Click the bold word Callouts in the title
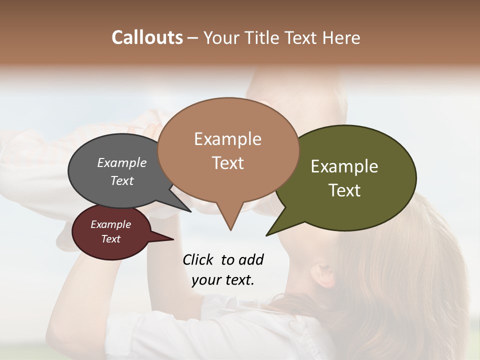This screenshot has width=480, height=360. (147, 37)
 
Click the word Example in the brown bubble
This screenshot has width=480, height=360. (227, 138)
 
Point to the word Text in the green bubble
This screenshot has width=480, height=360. (344, 190)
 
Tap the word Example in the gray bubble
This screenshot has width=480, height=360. (121, 162)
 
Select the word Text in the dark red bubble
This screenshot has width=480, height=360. (110, 239)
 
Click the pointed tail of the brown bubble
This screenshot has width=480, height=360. (230, 225)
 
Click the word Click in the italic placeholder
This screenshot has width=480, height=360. (198, 259)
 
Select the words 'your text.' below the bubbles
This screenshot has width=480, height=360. (222, 279)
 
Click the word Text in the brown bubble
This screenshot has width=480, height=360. (227, 163)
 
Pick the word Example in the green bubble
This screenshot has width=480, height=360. (344, 166)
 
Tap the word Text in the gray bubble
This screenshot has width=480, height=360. (121, 180)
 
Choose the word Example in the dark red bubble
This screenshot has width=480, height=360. (110, 224)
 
